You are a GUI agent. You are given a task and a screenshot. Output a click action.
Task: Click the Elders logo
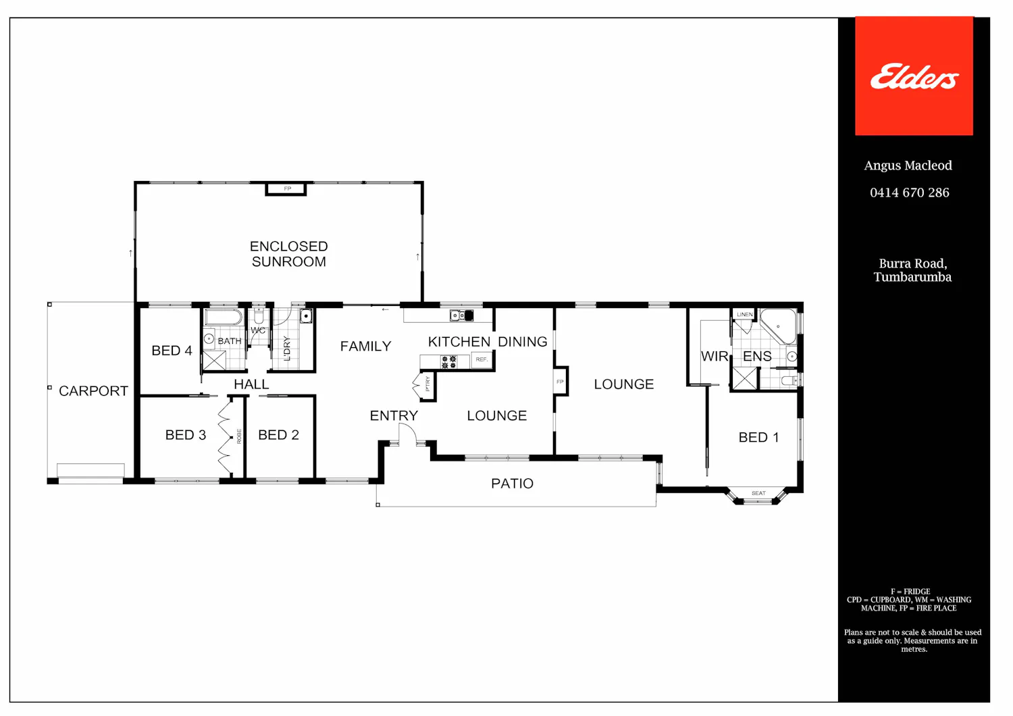tap(914, 76)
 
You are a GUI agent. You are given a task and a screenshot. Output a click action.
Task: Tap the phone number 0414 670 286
tap(910, 193)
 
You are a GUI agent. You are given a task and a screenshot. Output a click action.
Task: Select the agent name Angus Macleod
tap(908, 165)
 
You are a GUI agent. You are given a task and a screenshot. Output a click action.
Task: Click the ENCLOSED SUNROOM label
tap(288, 254)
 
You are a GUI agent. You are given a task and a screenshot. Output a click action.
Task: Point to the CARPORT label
tap(94, 391)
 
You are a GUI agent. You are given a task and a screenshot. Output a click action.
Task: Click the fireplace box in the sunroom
tap(286, 188)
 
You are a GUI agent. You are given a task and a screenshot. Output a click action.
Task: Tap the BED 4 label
tap(172, 351)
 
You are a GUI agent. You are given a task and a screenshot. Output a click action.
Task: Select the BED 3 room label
tap(186, 434)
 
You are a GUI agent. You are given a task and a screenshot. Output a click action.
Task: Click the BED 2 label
tap(278, 434)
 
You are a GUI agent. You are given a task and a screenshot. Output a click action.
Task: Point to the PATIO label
tap(513, 484)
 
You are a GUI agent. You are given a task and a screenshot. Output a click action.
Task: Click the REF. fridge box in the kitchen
tap(482, 359)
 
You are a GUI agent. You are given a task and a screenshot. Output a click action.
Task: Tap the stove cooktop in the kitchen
tap(448, 362)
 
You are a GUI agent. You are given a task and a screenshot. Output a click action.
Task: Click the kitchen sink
tap(461, 315)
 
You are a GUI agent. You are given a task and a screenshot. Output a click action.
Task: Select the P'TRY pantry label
tap(427, 384)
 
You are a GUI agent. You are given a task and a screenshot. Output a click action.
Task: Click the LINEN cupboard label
tap(744, 314)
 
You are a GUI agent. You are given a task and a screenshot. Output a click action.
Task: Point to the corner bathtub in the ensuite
tap(778, 326)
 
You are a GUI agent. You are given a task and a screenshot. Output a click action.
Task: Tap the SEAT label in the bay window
tap(758, 493)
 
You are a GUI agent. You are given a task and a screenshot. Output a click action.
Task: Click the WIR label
tap(714, 357)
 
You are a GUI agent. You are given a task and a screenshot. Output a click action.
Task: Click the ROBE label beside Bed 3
tap(239, 436)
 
